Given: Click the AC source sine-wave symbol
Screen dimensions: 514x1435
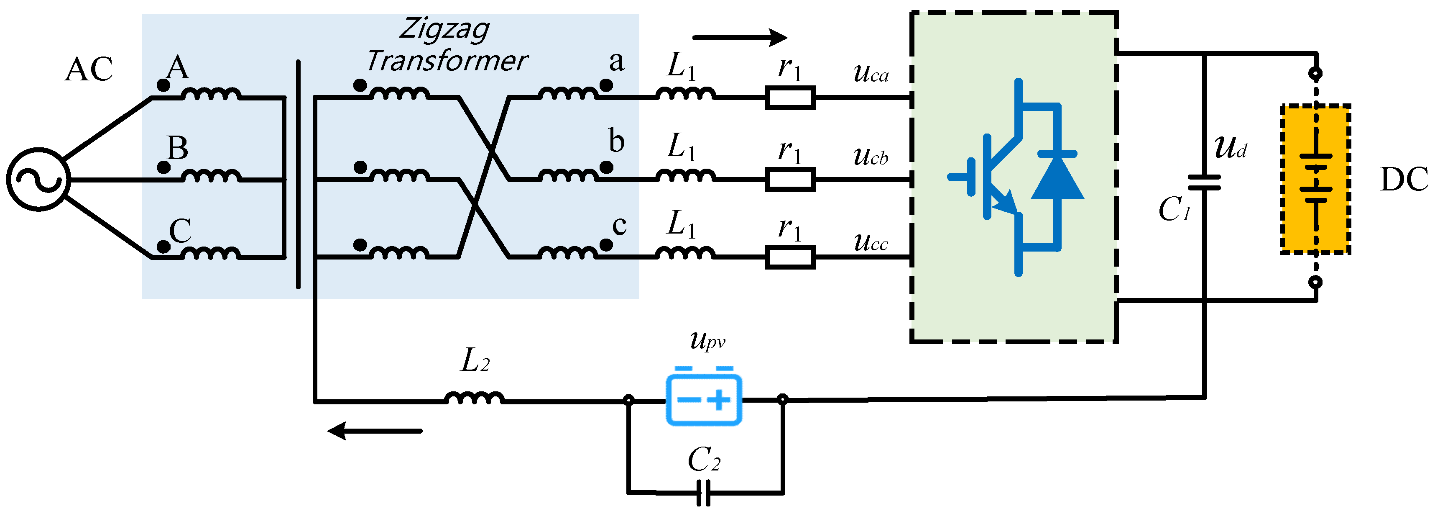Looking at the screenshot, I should pyautogui.click(x=38, y=180).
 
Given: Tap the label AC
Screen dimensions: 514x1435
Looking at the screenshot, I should pyautogui.click(x=89, y=69).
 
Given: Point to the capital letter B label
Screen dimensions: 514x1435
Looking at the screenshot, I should pyautogui.click(x=178, y=148).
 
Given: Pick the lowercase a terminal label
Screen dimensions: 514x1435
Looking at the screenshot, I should pyautogui.click(x=616, y=62).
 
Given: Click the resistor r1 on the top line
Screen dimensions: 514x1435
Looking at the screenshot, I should pyautogui.click(x=790, y=98).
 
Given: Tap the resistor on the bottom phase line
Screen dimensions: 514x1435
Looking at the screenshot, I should pyautogui.click(x=790, y=257).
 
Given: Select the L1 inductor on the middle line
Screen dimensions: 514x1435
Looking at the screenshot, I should pyautogui.click(x=685, y=176).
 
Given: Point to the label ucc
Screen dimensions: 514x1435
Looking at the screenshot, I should pyautogui.click(x=871, y=242).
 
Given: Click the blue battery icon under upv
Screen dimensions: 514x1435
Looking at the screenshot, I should pyautogui.click(x=704, y=398).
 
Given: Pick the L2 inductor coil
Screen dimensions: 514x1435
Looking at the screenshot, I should pyautogui.click(x=475, y=398).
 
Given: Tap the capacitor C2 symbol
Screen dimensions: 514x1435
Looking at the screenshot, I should pyautogui.click(x=704, y=493).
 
